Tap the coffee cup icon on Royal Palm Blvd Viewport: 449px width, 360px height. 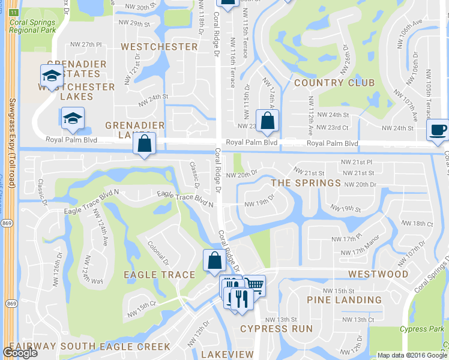pos(438,130)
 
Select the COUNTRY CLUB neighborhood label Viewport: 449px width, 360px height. pos(334,83)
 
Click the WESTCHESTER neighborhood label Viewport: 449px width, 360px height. pos(159,47)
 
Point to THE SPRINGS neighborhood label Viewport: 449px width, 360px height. pos(306,183)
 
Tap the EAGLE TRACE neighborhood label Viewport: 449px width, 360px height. pos(159,275)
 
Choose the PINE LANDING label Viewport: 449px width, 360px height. pos(344,300)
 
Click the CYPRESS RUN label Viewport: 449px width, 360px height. pos(277,329)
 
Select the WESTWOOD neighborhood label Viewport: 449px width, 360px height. pos(379,274)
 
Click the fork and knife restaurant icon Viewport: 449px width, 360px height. pos(241,299)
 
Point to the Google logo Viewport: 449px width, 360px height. pos(20,353)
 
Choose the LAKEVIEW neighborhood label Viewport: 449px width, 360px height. pos(227,355)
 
